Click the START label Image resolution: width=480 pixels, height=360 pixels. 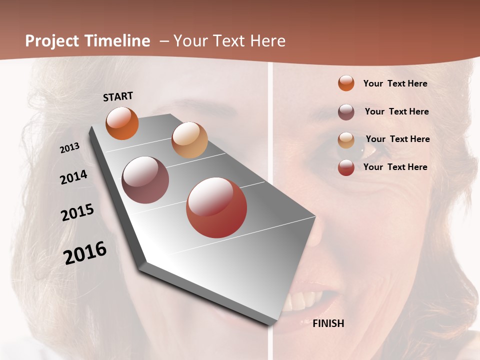coord(118,96)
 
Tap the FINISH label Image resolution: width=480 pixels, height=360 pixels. coord(328,323)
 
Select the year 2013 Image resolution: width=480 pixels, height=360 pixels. coord(70,148)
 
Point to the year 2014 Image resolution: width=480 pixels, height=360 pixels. coord(74,177)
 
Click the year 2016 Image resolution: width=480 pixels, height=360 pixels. coord(85,253)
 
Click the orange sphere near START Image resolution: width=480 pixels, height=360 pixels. coord(122,123)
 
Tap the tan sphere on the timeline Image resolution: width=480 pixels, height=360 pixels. coord(189,140)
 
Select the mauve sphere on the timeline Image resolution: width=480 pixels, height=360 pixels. coord(145,180)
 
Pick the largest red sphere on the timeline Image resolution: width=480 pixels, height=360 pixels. coord(216,207)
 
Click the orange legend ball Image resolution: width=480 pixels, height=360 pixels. coord(346,83)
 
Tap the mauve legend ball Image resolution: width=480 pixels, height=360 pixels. coord(346,112)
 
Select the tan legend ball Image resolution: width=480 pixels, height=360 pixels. coord(346,140)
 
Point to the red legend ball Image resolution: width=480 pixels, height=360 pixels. coord(346,167)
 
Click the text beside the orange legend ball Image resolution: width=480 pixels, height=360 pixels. coord(395,83)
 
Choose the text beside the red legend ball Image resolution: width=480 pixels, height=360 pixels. coord(395,167)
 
